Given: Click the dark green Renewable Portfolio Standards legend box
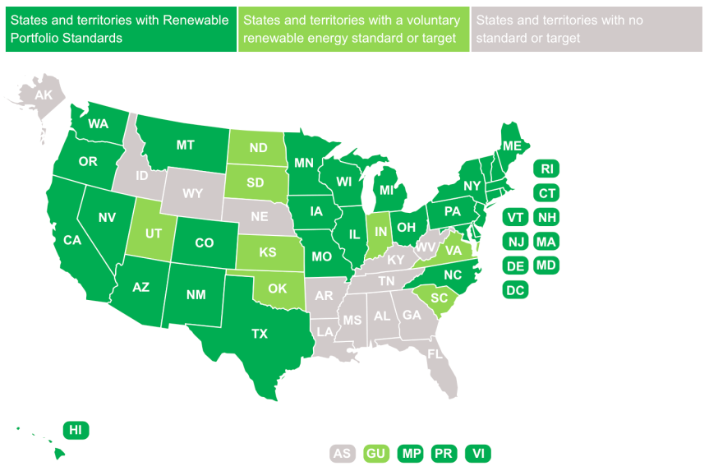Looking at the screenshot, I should click(x=120, y=29).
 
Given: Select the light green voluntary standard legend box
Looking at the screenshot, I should click(x=353, y=29).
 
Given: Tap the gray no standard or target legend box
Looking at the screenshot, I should click(x=587, y=29).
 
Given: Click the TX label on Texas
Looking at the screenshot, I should click(x=260, y=334).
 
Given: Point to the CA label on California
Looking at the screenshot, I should click(x=71, y=240).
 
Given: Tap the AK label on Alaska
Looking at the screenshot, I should click(x=44, y=95).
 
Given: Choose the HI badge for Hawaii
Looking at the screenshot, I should click(x=76, y=430).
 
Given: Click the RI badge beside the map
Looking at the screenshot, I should click(x=546, y=169).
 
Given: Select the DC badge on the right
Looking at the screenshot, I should click(x=515, y=289).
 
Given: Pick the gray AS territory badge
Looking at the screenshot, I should click(x=343, y=453).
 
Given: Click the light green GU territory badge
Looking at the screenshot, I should click(x=376, y=453).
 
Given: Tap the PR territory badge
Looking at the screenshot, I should click(x=444, y=453).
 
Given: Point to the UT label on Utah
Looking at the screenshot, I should click(x=153, y=233).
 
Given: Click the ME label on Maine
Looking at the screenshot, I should click(x=512, y=145).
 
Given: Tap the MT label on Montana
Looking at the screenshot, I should click(x=185, y=145).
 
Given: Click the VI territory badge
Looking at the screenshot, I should click(x=477, y=453).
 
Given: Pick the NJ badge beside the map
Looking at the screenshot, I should click(x=515, y=242).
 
